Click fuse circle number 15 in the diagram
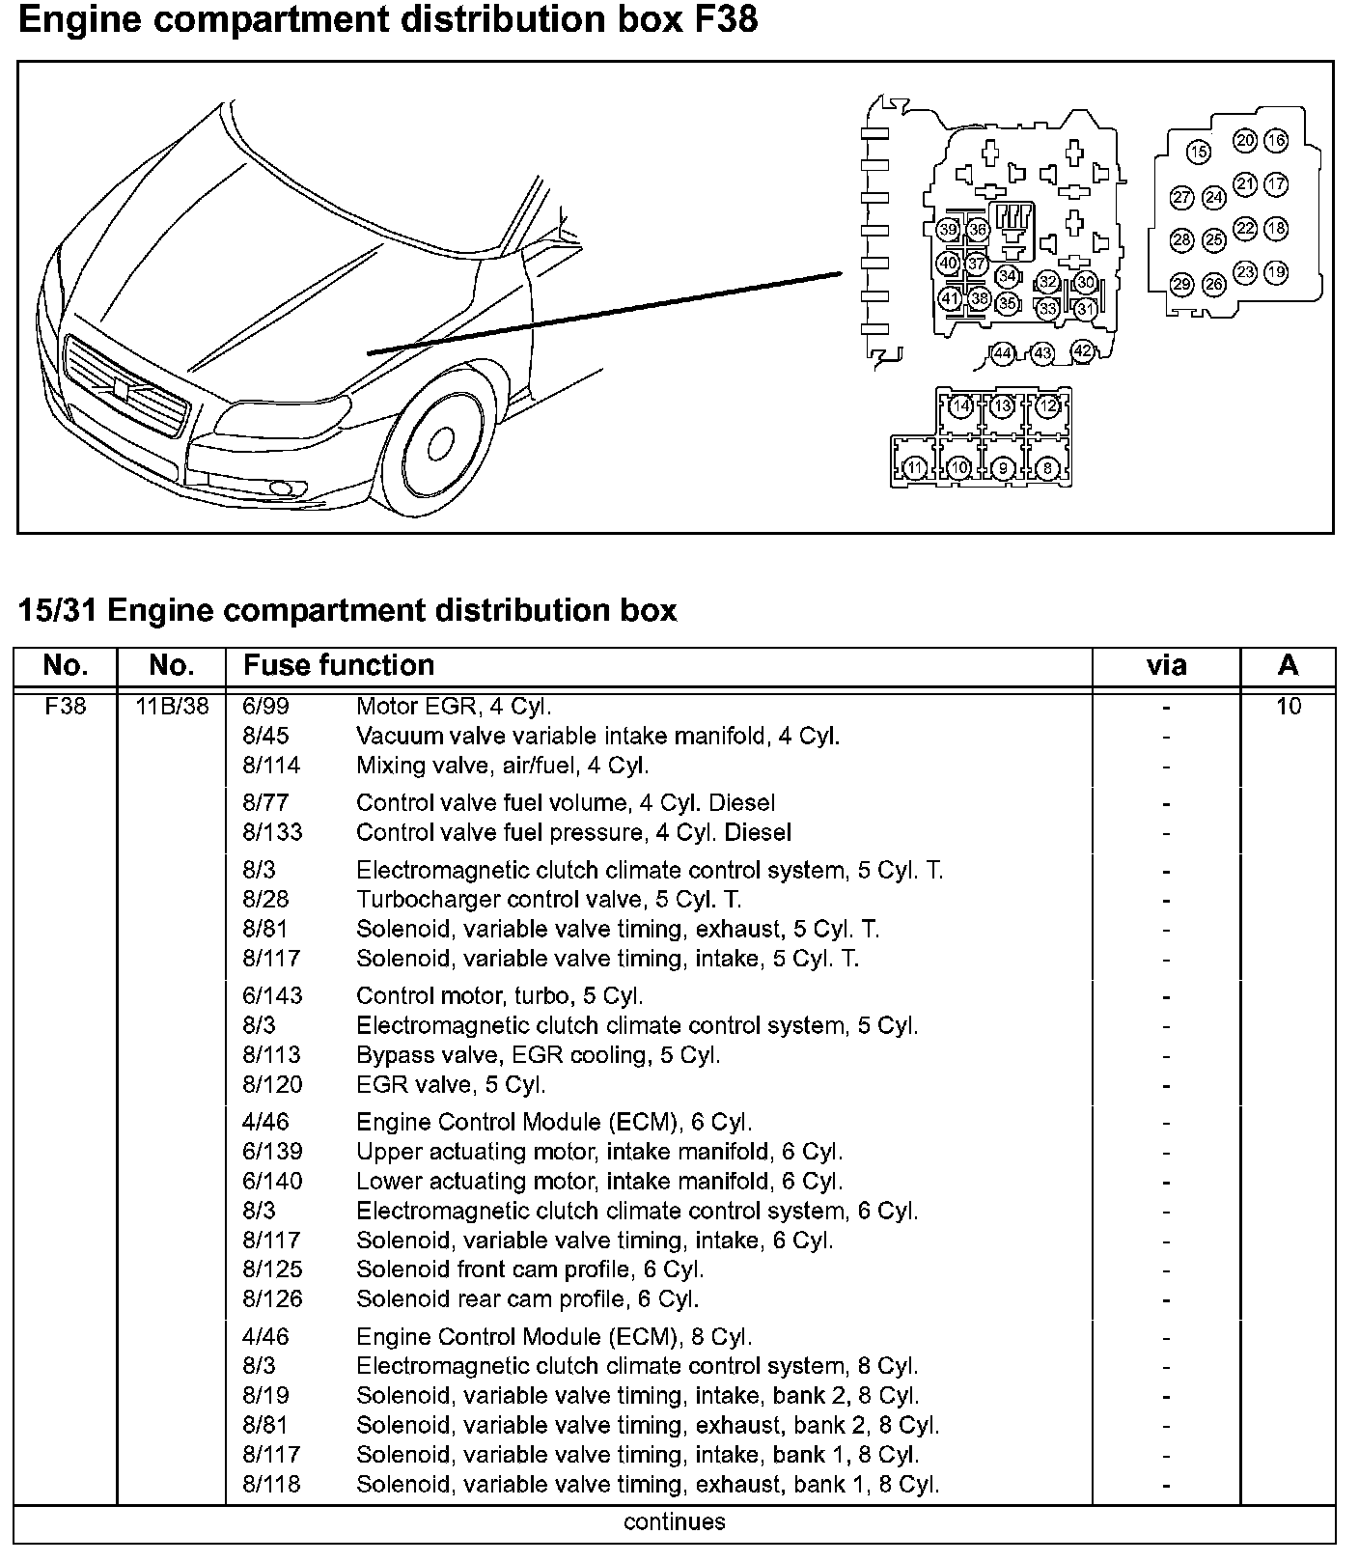1198,152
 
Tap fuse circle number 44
1003,353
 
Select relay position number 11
915,468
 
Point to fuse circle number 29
1182,284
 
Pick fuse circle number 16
1276,141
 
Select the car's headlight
286,418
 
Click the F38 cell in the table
66,707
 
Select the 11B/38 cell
172,707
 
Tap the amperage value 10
1289,707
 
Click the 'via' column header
1166,666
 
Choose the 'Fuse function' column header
339,666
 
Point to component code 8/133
272,832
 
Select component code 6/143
272,995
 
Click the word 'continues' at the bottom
675,1522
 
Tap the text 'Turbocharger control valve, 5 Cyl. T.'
548,900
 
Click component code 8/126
272,1298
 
